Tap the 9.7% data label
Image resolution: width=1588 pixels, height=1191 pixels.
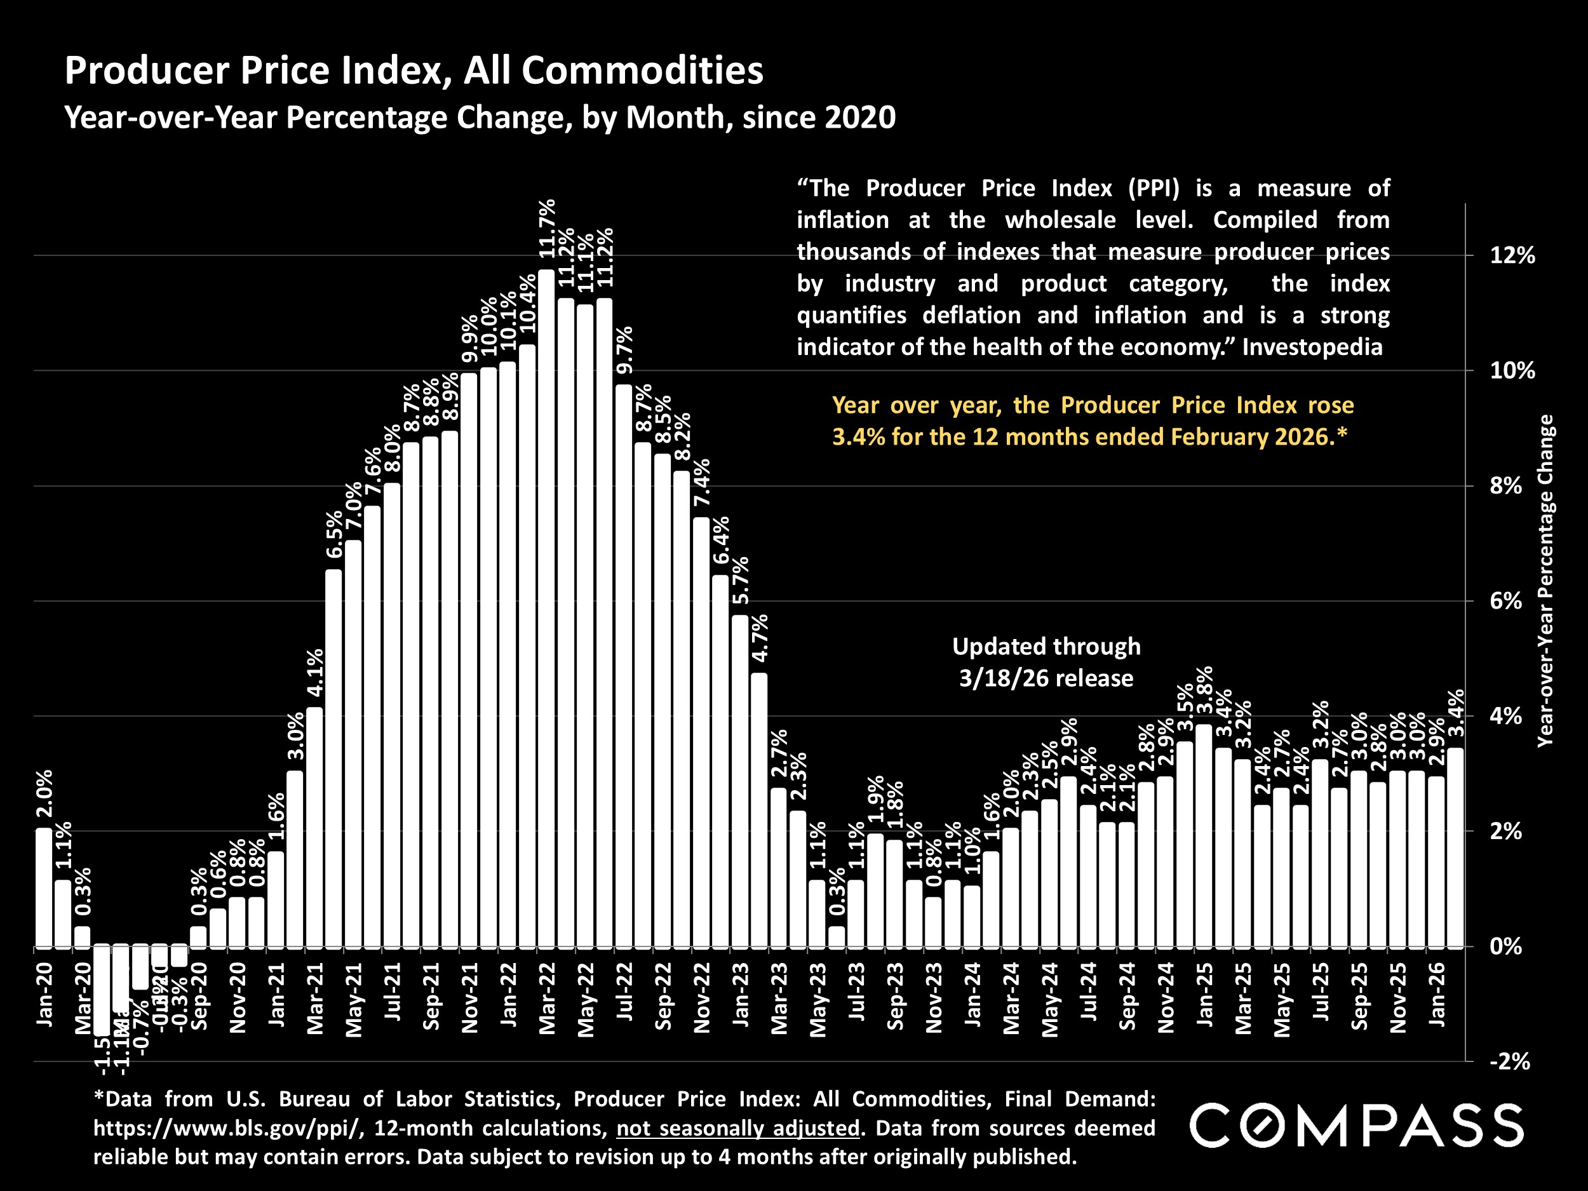point(625,351)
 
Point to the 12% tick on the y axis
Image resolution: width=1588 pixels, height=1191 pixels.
point(1512,255)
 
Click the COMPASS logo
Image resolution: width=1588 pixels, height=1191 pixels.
point(1356,1126)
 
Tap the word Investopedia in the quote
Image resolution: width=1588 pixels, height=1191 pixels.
point(1312,347)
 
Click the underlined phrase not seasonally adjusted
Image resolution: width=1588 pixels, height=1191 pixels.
point(737,1128)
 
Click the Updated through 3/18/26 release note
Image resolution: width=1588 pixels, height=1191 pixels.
point(1046,662)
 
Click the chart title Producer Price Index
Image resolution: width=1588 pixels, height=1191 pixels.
point(414,71)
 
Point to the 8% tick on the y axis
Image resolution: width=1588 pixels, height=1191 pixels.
point(1512,486)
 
